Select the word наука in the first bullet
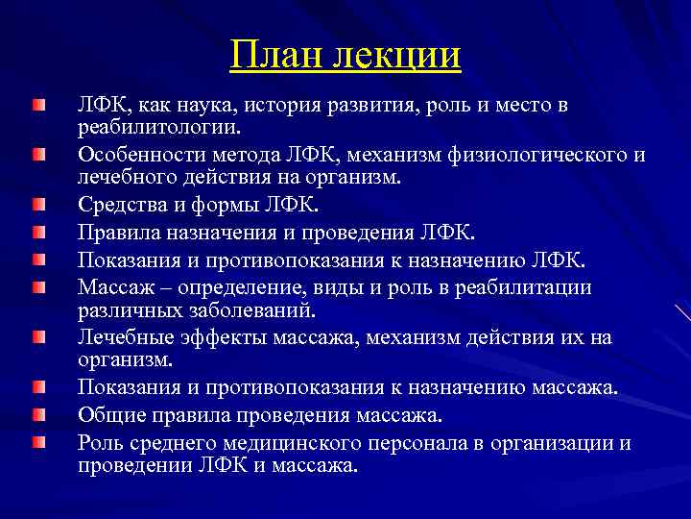[x=188, y=106]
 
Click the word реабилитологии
[x=159, y=127]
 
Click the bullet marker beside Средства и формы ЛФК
[x=37, y=205]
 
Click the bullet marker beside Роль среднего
[x=37, y=443]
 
